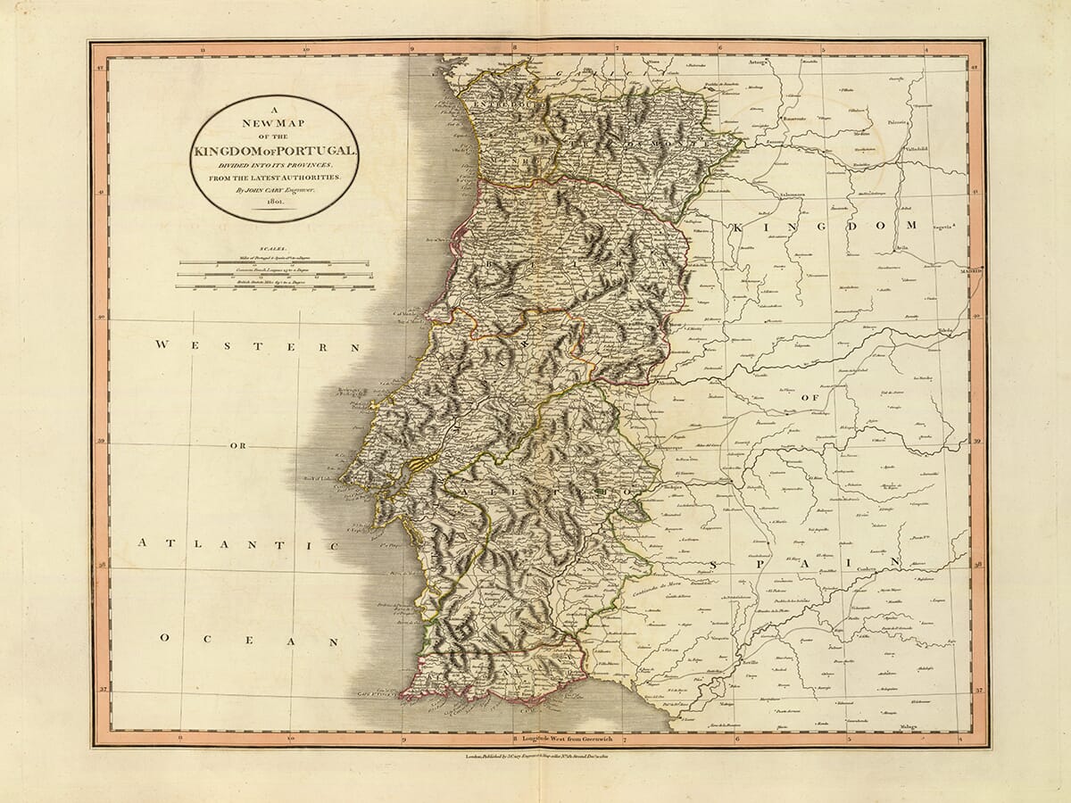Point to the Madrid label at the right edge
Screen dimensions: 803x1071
tap(970, 269)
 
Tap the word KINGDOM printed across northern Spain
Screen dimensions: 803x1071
tap(825, 228)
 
